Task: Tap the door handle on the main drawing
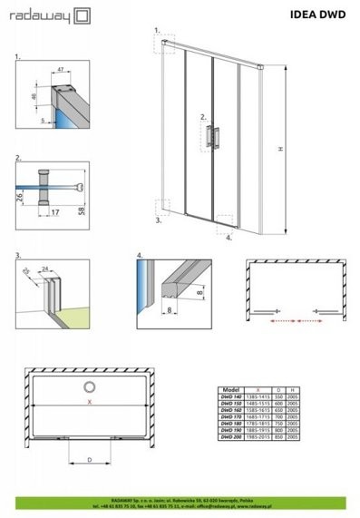(214, 134)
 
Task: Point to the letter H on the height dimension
(280, 148)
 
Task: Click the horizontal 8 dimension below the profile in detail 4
(170, 309)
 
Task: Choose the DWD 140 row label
(231, 394)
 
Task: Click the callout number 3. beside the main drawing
(158, 219)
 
